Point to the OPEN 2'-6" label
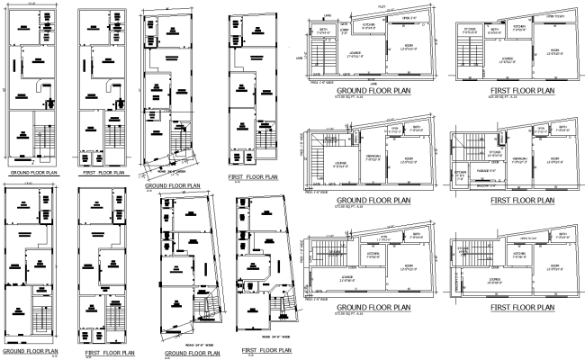coord(408,17)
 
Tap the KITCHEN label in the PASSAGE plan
coord(460,173)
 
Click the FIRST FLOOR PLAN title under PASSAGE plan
coord(522,200)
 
